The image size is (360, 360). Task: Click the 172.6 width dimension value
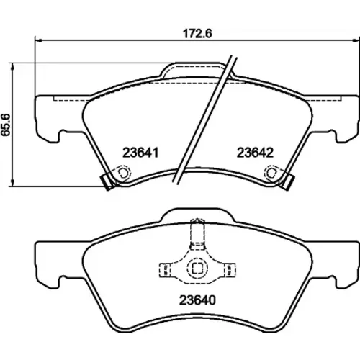tap(197, 34)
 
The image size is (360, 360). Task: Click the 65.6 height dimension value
tap(6, 125)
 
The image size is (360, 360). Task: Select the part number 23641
tap(140, 153)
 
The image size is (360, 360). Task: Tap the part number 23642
tap(255, 153)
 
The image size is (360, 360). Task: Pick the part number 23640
tap(197, 300)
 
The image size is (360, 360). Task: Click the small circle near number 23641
tap(123, 173)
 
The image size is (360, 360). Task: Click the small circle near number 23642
tap(271, 173)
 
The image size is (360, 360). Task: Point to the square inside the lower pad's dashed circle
tap(197, 269)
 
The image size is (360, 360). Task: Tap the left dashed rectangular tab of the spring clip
tap(165, 269)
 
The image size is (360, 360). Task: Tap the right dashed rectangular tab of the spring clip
tap(230, 269)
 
